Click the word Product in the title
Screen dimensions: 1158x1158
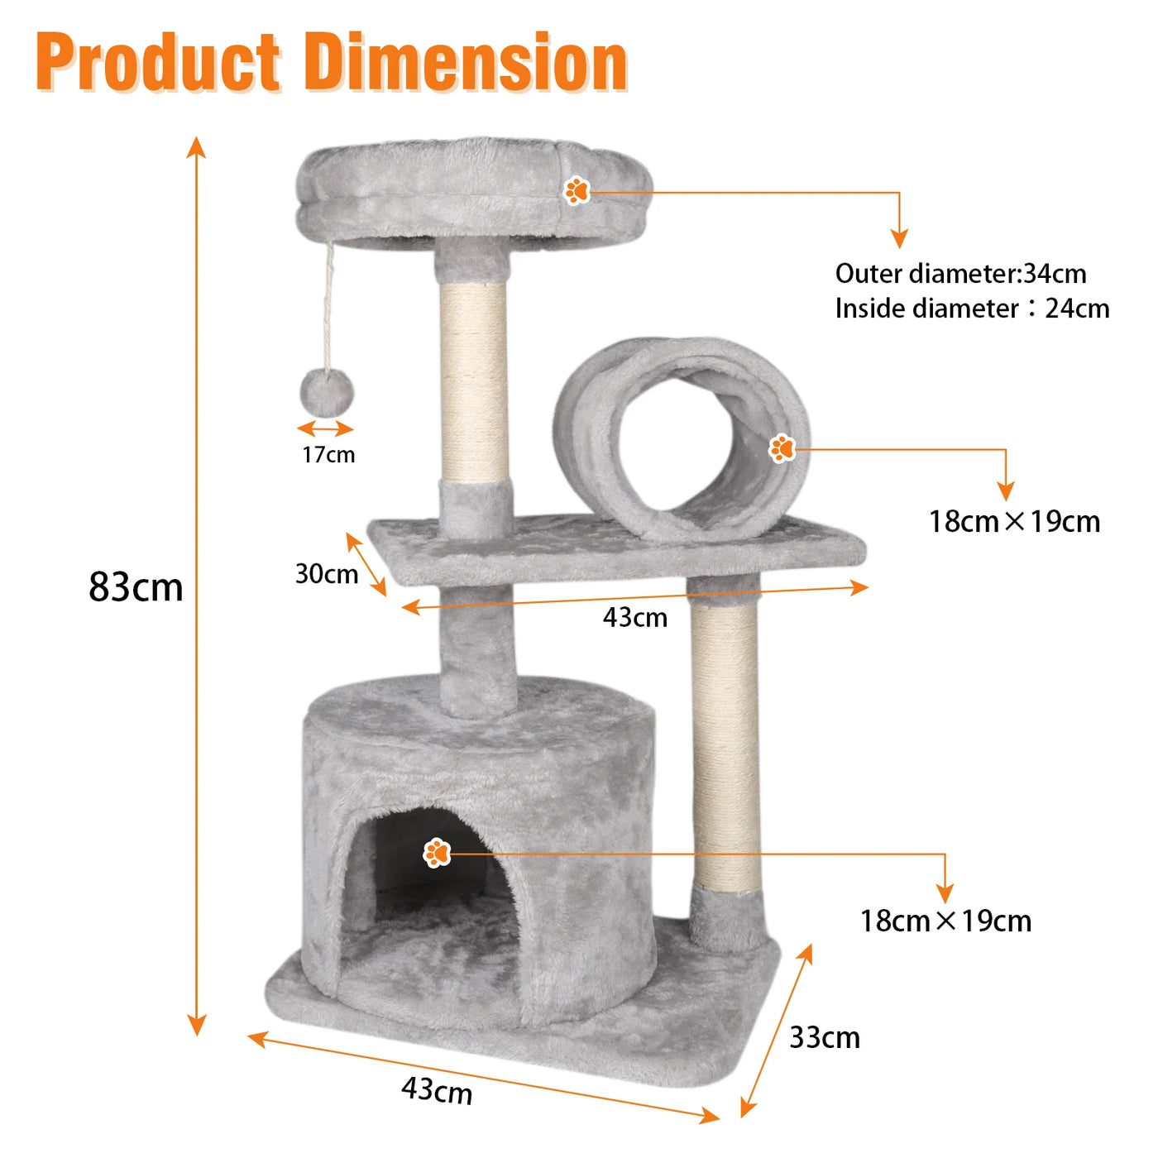(159, 63)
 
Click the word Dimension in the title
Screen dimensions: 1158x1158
(467, 63)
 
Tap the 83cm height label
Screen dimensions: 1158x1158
(136, 587)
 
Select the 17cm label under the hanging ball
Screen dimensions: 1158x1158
(328, 455)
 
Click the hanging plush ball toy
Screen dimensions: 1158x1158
(327, 392)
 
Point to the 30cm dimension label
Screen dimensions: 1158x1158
(326, 574)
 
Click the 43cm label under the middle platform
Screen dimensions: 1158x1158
(635, 617)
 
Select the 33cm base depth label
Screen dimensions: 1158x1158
(825, 1038)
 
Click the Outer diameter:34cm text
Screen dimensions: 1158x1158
(960, 274)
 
